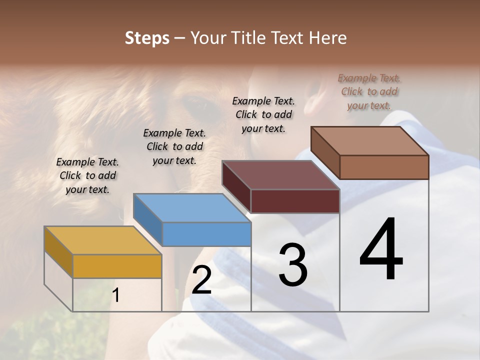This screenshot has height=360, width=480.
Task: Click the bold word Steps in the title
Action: point(147,38)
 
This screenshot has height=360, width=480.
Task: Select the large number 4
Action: point(381,250)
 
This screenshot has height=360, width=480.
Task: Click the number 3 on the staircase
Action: point(293,265)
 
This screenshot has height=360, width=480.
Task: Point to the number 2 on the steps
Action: point(202,280)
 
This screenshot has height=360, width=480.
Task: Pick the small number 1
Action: point(116,295)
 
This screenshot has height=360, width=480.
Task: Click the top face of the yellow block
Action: point(103,240)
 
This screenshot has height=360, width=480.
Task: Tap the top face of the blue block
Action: point(192,207)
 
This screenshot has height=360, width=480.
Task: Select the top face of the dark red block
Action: point(280,175)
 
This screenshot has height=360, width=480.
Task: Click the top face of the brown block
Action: point(369,141)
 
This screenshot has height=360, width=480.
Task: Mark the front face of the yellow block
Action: point(117,266)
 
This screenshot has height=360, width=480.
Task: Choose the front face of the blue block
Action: point(206,234)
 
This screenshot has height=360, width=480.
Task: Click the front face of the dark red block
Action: point(295,201)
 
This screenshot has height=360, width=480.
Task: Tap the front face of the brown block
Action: point(384,167)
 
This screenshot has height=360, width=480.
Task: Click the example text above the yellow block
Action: point(87,175)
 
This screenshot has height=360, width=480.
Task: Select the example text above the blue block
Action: point(174,146)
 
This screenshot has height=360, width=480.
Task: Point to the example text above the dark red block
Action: point(263,114)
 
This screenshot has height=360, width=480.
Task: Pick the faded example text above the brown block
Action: point(369,91)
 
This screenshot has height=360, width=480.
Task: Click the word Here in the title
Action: point(328,38)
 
